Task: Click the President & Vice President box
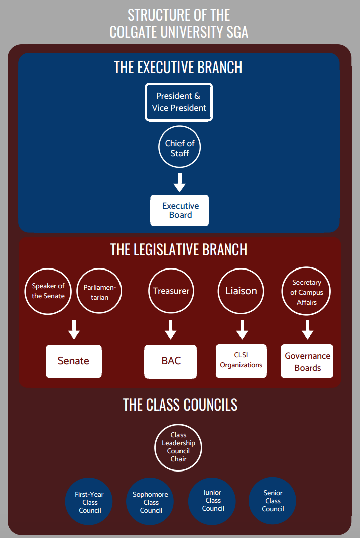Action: pos(179,102)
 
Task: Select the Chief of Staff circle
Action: pos(179,148)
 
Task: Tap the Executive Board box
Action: pos(179,211)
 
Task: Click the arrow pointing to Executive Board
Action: pos(179,182)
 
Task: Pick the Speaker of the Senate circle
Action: pos(48,291)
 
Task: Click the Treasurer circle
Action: pos(171,291)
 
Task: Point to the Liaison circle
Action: pos(241,291)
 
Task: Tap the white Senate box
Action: pos(74,361)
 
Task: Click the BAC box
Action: pos(170,361)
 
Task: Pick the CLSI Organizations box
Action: pos(241,361)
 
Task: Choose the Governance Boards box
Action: pos(307,361)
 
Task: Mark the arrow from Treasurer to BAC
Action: pos(171,329)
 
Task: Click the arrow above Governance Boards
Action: pos(307,329)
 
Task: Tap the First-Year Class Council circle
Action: pos(89,502)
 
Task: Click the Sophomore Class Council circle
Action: pos(151,502)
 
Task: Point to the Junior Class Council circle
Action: pos(212,501)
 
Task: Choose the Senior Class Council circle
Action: pos(273,501)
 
